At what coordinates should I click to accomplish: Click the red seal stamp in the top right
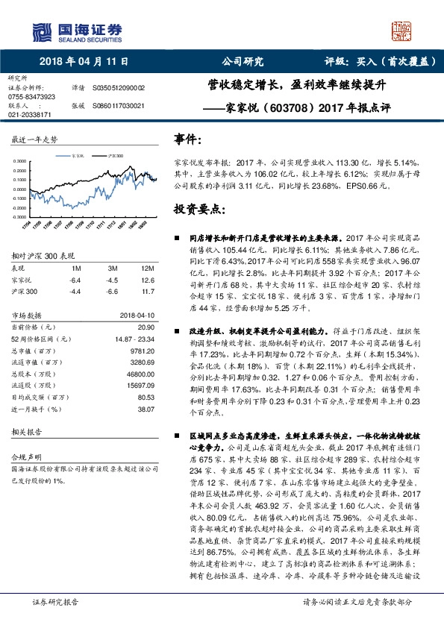click(402, 31)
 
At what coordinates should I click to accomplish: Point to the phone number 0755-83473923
click(31, 97)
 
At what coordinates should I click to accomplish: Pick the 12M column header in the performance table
click(146, 267)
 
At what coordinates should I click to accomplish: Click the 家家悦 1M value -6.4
click(74, 280)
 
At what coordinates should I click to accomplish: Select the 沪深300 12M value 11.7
click(146, 292)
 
